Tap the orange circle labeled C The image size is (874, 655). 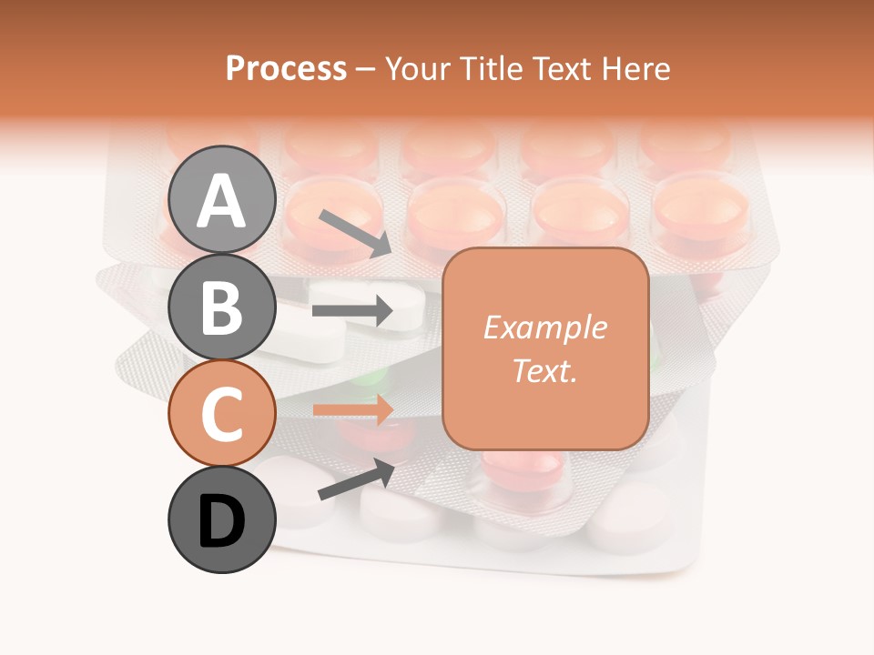221,413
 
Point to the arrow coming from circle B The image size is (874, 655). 352,311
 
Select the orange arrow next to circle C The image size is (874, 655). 352,409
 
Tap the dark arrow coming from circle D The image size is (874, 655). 356,479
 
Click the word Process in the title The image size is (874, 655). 286,68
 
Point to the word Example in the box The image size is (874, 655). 545,327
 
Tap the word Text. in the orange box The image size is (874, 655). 545,370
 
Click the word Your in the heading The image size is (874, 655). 417,68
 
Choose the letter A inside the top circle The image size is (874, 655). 221,201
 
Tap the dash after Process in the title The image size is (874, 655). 366,69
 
